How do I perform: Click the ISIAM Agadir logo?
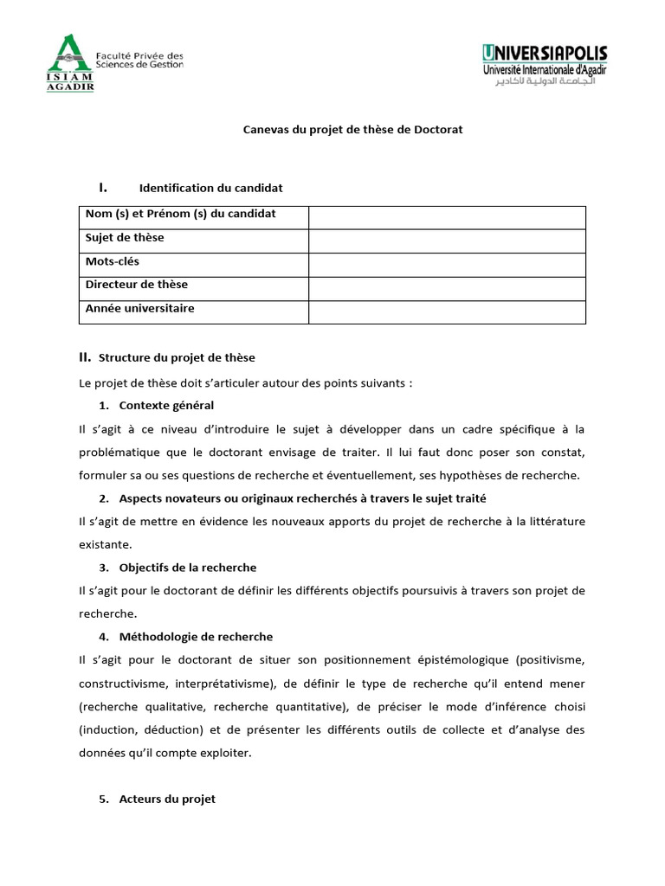[x=70, y=62]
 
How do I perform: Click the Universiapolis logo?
[x=545, y=67]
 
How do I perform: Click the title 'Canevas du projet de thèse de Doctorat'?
[x=352, y=130]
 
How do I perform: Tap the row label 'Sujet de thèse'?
[x=125, y=238]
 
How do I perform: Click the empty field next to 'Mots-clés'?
[x=447, y=265]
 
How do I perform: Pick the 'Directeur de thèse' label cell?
[x=137, y=285]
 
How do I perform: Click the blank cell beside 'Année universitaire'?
[x=447, y=311]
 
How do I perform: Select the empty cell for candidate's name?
[x=447, y=217]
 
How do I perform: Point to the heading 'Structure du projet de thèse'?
[x=177, y=357]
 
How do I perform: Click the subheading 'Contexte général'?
[x=166, y=406]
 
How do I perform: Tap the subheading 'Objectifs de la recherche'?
[x=188, y=568]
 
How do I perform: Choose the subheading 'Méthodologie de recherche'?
[x=196, y=637]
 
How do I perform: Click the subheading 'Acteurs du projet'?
[x=167, y=799]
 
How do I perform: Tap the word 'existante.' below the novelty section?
[x=106, y=544]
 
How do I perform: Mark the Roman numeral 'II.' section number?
[x=85, y=356]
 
